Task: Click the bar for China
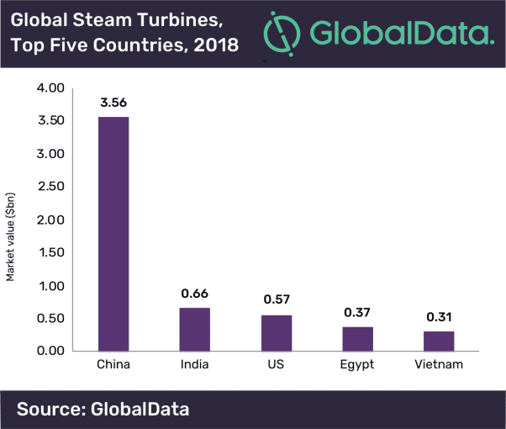[114, 234]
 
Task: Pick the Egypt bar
[357, 338]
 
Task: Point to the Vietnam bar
[438, 341]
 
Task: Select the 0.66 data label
[195, 294]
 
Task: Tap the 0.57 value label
[277, 300]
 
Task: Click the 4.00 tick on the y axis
[51, 88]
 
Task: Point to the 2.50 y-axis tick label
[51, 187]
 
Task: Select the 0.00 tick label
[51, 351]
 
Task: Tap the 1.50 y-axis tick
[51, 252]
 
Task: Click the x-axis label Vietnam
[438, 365]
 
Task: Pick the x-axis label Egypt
[357, 366]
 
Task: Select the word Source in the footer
[53, 410]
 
